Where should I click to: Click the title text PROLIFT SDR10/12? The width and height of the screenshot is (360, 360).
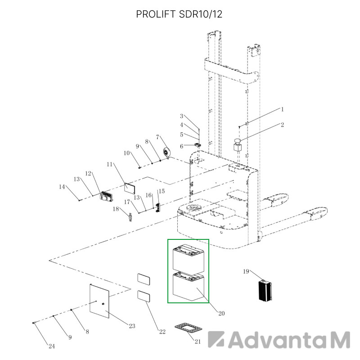(x=179, y=14)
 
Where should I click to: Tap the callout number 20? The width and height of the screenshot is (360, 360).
(x=221, y=313)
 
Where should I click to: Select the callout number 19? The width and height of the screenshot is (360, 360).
(x=246, y=271)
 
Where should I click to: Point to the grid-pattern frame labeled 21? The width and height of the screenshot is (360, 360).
(x=188, y=327)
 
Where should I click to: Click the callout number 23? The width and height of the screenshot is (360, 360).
(x=132, y=326)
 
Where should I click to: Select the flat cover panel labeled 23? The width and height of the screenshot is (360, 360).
(x=99, y=301)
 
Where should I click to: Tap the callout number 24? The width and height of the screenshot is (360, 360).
(x=52, y=346)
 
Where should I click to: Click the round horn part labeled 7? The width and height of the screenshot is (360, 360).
(x=166, y=153)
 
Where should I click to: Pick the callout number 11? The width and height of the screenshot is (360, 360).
(x=109, y=164)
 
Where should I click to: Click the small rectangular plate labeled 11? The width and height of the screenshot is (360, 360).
(x=130, y=188)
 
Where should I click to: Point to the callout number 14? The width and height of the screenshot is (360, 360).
(x=62, y=187)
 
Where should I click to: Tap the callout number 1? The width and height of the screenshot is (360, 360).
(x=283, y=109)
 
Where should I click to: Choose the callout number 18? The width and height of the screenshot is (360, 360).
(x=116, y=209)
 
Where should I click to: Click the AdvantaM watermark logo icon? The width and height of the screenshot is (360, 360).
(x=216, y=339)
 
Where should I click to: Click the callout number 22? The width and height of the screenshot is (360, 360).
(x=162, y=332)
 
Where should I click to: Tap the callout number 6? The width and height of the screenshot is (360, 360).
(x=182, y=146)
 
